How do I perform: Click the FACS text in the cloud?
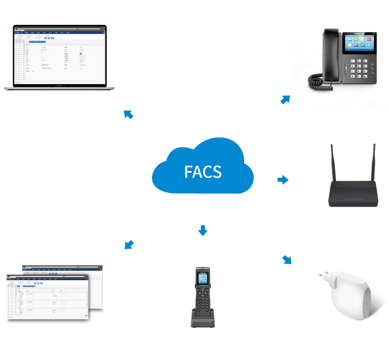click(202, 172)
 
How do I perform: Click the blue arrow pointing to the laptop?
click(128, 113)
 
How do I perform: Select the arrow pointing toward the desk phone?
click(285, 99)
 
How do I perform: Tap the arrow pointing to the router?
click(283, 180)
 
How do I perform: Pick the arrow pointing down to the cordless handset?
click(202, 230)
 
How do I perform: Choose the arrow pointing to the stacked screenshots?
click(129, 244)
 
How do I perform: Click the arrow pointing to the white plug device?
click(287, 259)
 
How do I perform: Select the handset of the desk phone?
click(331, 54)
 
